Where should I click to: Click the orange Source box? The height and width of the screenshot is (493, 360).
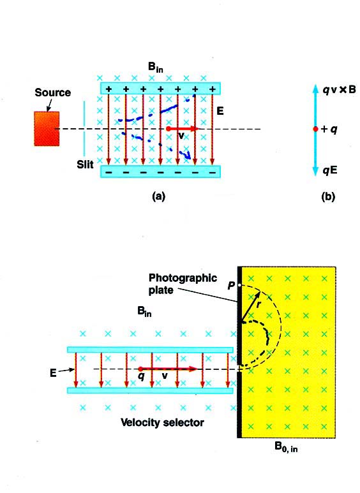coord(47,129)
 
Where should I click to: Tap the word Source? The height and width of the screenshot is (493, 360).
coord(52,92)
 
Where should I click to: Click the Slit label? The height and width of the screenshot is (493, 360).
coord(85,164)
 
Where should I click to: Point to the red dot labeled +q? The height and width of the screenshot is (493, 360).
coord(315,129)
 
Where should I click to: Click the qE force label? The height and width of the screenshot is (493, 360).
coord(330,170)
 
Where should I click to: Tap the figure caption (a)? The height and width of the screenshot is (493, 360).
coord(158,196)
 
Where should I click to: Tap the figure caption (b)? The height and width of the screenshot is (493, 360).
coord(328,196)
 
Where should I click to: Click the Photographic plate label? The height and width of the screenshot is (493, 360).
coord(183,284)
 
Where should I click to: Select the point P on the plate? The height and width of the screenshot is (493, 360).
coord(239,285)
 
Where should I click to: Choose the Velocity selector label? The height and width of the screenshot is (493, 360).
coord(162,422)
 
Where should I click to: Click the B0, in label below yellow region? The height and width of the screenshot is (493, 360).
coord(286,448)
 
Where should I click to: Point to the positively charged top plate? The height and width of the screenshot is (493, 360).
coord(160,89)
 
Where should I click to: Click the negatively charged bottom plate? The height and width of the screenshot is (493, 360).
coord(160,172)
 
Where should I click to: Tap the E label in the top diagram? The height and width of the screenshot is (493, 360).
coord(220,111)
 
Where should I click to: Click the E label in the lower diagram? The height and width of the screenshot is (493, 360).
coord(53,373)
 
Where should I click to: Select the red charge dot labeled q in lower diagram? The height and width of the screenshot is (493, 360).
coord(140,369)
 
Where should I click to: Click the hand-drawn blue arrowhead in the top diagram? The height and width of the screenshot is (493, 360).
coord(188,155)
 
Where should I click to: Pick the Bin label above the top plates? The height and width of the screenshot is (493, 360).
coord(156,67)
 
